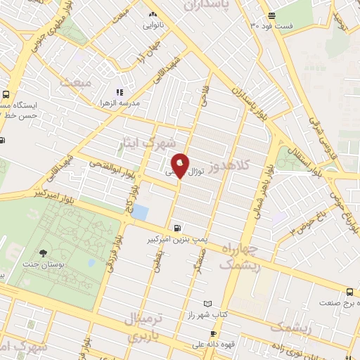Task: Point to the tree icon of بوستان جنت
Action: coord(45,253)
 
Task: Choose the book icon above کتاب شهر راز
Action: coord(199,304)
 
